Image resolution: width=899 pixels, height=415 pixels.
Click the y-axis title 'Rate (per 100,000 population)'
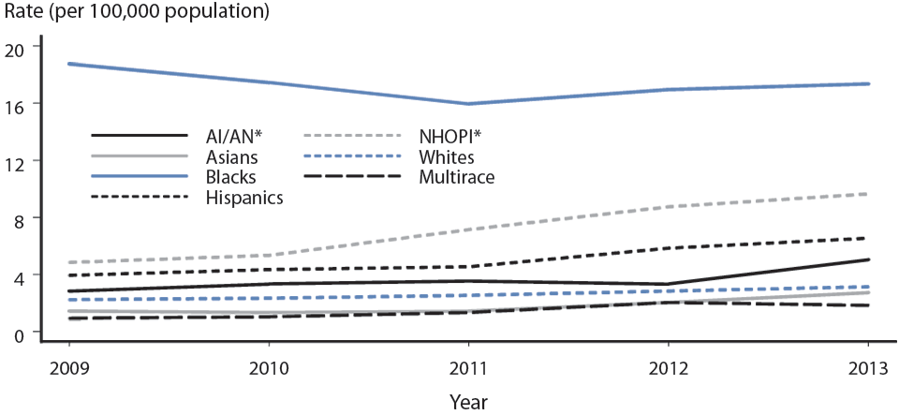pyautogui.click(x=137, y=13)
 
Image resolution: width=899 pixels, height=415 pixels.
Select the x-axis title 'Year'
pyautogui.click(x=467, y=400)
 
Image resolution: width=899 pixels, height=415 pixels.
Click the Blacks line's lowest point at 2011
pyautogui.click(x=467, y=104)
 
